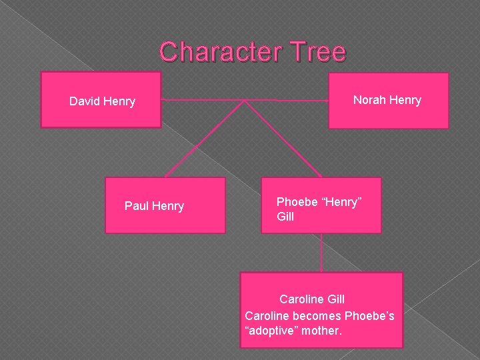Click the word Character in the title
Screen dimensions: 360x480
[x=219, y=52]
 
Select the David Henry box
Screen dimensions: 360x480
[x=101, y=100]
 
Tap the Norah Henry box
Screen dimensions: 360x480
[x=388, y=100]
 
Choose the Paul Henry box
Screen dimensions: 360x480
[x=165, y=205]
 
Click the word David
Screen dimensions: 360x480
[x=85, y=101]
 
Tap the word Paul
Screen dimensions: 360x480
[x=137, y=206]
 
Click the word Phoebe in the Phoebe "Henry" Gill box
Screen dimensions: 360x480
[x=298, y=202]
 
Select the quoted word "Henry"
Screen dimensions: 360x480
[x=343, y=202]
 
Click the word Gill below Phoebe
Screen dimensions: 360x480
[x=285, y=217]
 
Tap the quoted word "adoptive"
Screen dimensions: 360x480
[x=271, y=330]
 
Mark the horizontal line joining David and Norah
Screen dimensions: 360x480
[x=200, y=101]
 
